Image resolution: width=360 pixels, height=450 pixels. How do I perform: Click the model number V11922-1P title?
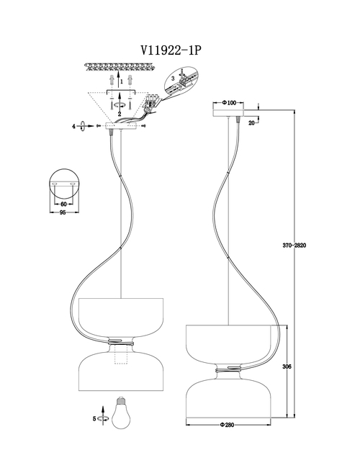coord(171,50)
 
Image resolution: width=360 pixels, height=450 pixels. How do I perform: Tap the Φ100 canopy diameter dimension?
coord(229,102)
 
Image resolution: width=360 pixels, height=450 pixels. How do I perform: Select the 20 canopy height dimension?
coord(251,123)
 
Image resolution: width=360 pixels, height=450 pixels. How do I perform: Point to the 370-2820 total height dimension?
coord(294,246)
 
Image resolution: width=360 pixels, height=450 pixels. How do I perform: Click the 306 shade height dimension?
coord(287,366)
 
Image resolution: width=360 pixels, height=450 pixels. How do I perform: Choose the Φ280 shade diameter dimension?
coord(228,425)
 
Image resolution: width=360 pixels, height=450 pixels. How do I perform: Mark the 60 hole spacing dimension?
coord(64,204)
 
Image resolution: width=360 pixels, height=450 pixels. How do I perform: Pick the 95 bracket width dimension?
coord(63,212)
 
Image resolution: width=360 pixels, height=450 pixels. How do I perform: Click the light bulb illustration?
coord(120,413)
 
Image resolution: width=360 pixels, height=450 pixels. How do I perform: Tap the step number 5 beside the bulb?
coord(94,419)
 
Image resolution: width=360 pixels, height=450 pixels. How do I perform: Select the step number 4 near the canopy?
coord(73,126)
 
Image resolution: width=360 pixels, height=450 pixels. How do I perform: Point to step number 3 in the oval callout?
coord(173,78)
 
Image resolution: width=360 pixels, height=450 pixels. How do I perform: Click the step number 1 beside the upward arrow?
coord(122,81)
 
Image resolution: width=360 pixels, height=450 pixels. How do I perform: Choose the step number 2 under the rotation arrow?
coord(120,114)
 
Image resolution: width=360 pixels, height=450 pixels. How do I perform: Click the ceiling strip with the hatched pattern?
coord(120,67)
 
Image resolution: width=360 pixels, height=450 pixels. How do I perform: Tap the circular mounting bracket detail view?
coord(64,184)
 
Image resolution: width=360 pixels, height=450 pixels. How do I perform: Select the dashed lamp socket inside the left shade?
coord(121,354)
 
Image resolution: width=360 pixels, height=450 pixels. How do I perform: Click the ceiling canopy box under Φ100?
coord(228,113)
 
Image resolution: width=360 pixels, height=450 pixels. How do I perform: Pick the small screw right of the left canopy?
coord(144,126)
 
